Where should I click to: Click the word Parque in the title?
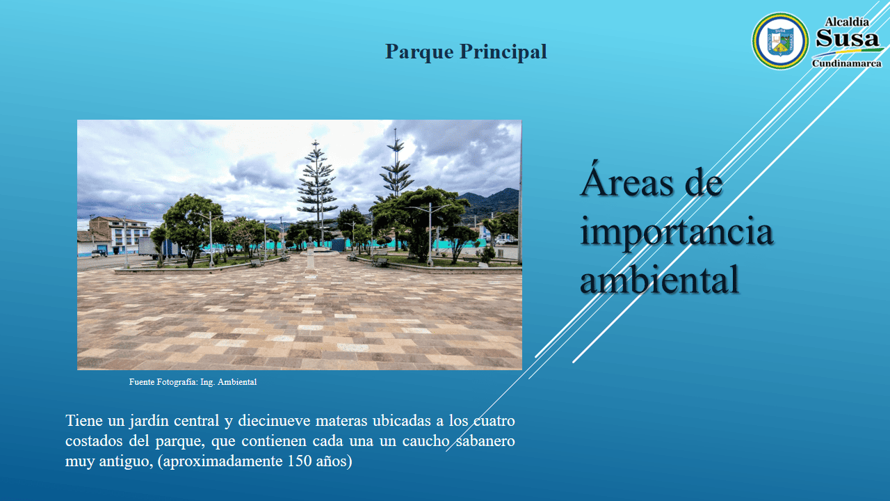(419, 52)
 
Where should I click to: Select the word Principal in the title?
(503, 51)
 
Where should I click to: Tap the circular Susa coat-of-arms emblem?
(780, 41)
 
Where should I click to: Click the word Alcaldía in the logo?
(847, 22)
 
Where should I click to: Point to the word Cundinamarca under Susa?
(847, 63)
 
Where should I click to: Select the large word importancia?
(677, 232)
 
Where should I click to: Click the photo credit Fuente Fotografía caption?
(193, 382)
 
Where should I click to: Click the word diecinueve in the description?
(274, 420)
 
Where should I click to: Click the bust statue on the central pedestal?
(310, 242)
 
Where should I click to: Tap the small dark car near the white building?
(99, 253)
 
